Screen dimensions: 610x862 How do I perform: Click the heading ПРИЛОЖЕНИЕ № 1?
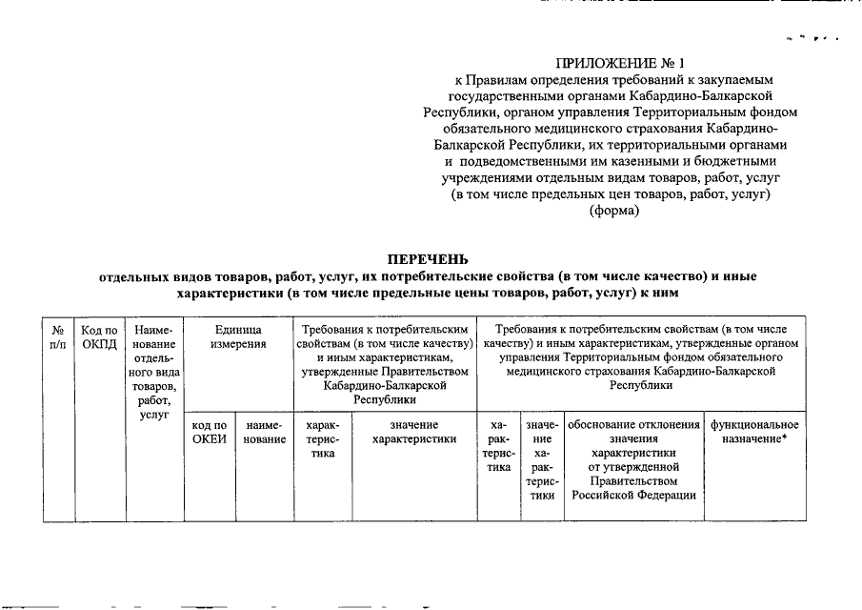pyautogui.click(x=611, y=64)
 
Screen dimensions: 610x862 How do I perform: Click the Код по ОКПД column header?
pyautogui.click(x=99, y=335)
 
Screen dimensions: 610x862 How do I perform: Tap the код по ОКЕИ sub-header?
pyautogui.click(x=209, y=431)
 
